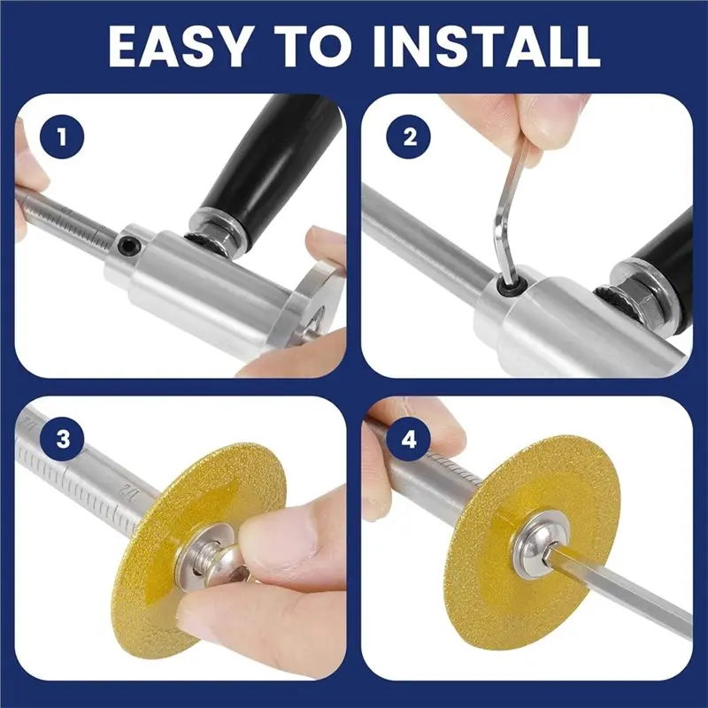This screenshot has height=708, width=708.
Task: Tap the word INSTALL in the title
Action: click(487, 46)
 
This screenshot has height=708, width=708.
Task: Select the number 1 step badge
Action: click(62, 136)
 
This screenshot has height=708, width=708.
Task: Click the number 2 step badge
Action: click(409, 136)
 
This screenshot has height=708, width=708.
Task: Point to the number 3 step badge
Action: click(62, 438)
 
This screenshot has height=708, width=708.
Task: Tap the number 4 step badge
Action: click(409, 438)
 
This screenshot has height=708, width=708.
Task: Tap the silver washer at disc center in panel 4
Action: click(540, 545)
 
